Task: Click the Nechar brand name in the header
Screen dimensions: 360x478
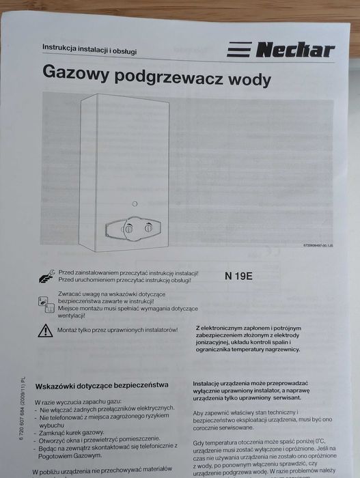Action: [x=295, y=49]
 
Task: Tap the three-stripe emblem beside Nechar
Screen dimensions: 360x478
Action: [x=239, y=50]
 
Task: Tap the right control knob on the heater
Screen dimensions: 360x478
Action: [x=150, y=229]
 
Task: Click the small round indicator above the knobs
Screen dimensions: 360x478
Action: [x=136, y=204]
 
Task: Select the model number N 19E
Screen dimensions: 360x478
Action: [x=238, y=277]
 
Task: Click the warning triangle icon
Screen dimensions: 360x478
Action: [x=45, y=331]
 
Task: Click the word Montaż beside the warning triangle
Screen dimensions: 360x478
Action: [x=69, y=329]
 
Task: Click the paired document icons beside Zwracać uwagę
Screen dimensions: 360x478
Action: [x=46, y=304]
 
